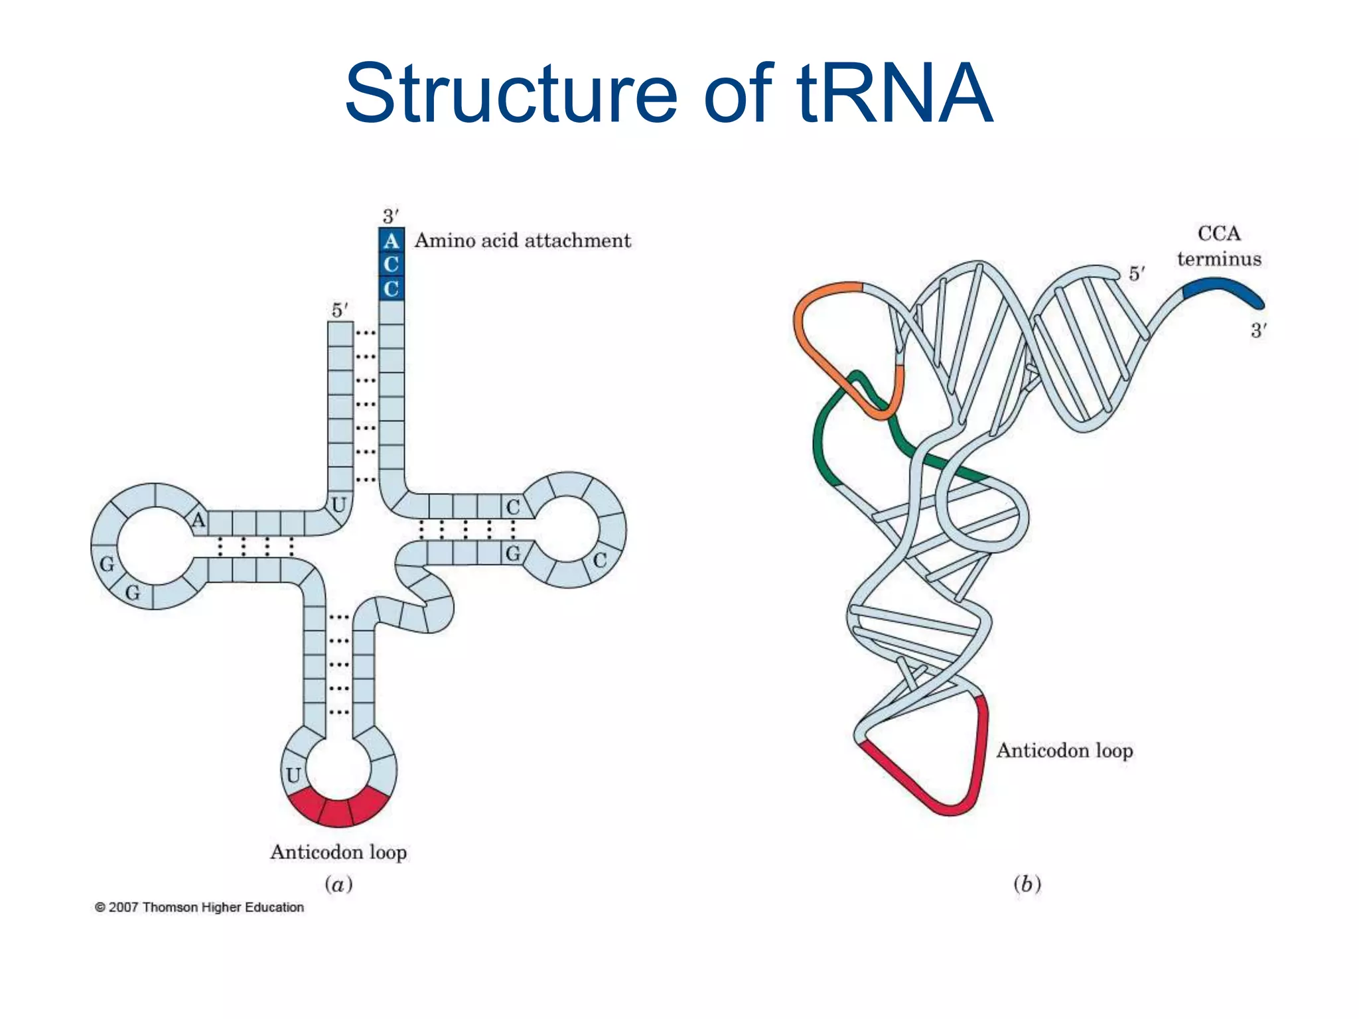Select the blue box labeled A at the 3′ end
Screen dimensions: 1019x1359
click(391, 240)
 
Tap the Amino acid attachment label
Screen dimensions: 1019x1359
click(522, 240)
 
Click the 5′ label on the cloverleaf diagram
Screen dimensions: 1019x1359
click(340, 310)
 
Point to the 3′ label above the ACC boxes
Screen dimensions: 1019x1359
click(390, 216)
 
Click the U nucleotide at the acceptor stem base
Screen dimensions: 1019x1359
click(338, 505)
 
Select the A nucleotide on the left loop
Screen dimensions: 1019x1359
click(198, 519)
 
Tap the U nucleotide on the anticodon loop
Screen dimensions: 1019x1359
click(293, 775)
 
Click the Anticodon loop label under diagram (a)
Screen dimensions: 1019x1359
click(338, 852)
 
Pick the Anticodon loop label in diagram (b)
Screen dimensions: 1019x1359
click(1064, 750)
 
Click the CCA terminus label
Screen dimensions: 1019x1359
click(1219, 246)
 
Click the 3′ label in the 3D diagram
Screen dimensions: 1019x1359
click(1259, 330)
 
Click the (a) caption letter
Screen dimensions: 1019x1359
click(338, 884)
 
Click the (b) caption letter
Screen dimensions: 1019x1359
click(1027, 884)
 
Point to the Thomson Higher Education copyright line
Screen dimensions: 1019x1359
click(199, 907)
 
